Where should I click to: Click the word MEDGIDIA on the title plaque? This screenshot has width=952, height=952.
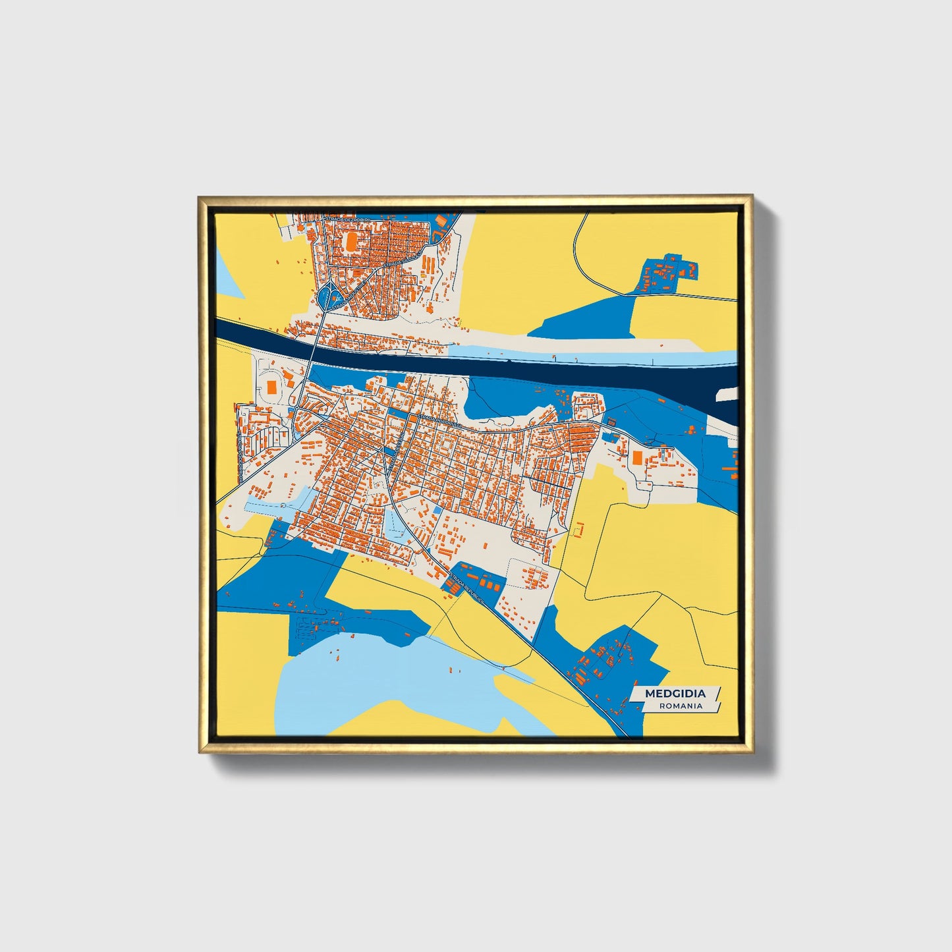pyautogui.click(x=675, y=693)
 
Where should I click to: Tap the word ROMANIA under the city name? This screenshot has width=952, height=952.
pyautogui.click(x=681, y=706)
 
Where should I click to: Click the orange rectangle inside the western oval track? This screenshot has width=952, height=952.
pyautogui.click(x=271, y=386)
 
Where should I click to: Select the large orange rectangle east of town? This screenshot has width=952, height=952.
pyautogui.click(x=637, y=457)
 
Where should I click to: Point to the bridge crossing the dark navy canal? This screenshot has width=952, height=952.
pyautogui.click(x=312, y=356)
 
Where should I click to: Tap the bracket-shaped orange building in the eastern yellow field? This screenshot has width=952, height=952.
pyautogui.click(x=578, y=528)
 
